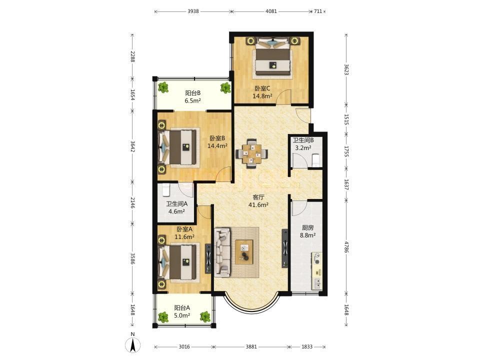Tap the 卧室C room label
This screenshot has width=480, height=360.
(x=262, y=88)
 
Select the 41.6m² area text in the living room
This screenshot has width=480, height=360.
(x=258, y=205)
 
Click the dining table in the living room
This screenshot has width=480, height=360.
(x=252, y=153)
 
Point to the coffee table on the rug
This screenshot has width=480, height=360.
(x=244, y=252)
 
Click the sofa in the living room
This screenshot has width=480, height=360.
(x=222, y=252)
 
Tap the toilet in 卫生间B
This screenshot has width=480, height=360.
(x=315, y=160)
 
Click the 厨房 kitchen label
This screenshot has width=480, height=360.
(x=307, y=228)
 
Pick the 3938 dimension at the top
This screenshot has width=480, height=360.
(x=193, y=11)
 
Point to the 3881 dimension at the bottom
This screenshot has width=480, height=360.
(x=251, y=347)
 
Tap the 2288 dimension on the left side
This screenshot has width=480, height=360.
(x=132, y=56)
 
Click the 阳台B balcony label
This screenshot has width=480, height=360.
(x=193, y=93)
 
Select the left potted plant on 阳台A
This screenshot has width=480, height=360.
(x=163, y=317)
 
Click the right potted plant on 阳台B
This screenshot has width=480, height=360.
(x=225, y=88)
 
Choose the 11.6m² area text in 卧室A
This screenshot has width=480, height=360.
(x=184, y=236)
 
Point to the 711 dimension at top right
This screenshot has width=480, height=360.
(x=318, y=11)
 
